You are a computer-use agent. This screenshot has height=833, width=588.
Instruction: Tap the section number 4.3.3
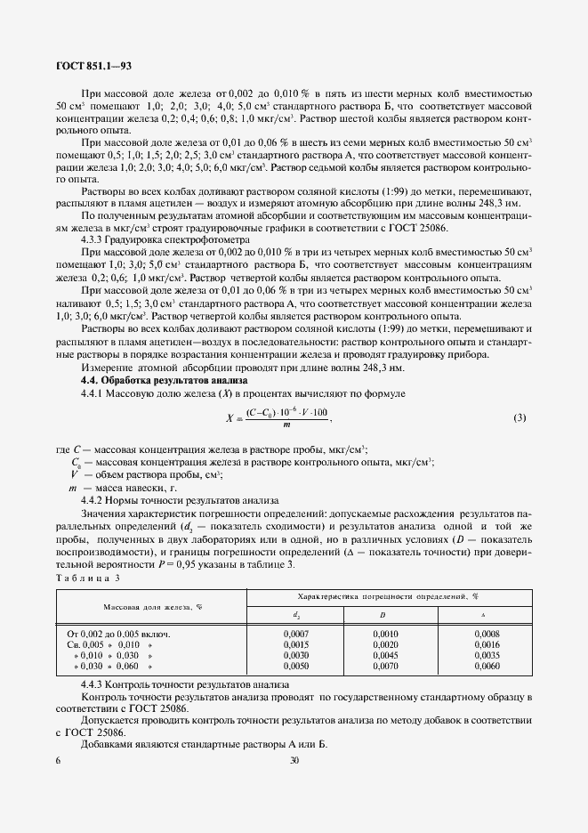tap(95, 239)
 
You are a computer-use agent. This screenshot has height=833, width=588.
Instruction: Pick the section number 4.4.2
tap(95, 501)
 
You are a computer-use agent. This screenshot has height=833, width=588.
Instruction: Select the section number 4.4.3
tap(95, 683)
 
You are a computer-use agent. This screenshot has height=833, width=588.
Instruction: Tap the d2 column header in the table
tap(295, 614)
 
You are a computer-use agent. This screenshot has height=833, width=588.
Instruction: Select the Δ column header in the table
tap(482, 614)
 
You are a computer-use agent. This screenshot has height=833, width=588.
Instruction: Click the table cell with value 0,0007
tap(295, 634)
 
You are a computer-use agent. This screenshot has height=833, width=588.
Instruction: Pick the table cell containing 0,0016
tap(482, 643)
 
